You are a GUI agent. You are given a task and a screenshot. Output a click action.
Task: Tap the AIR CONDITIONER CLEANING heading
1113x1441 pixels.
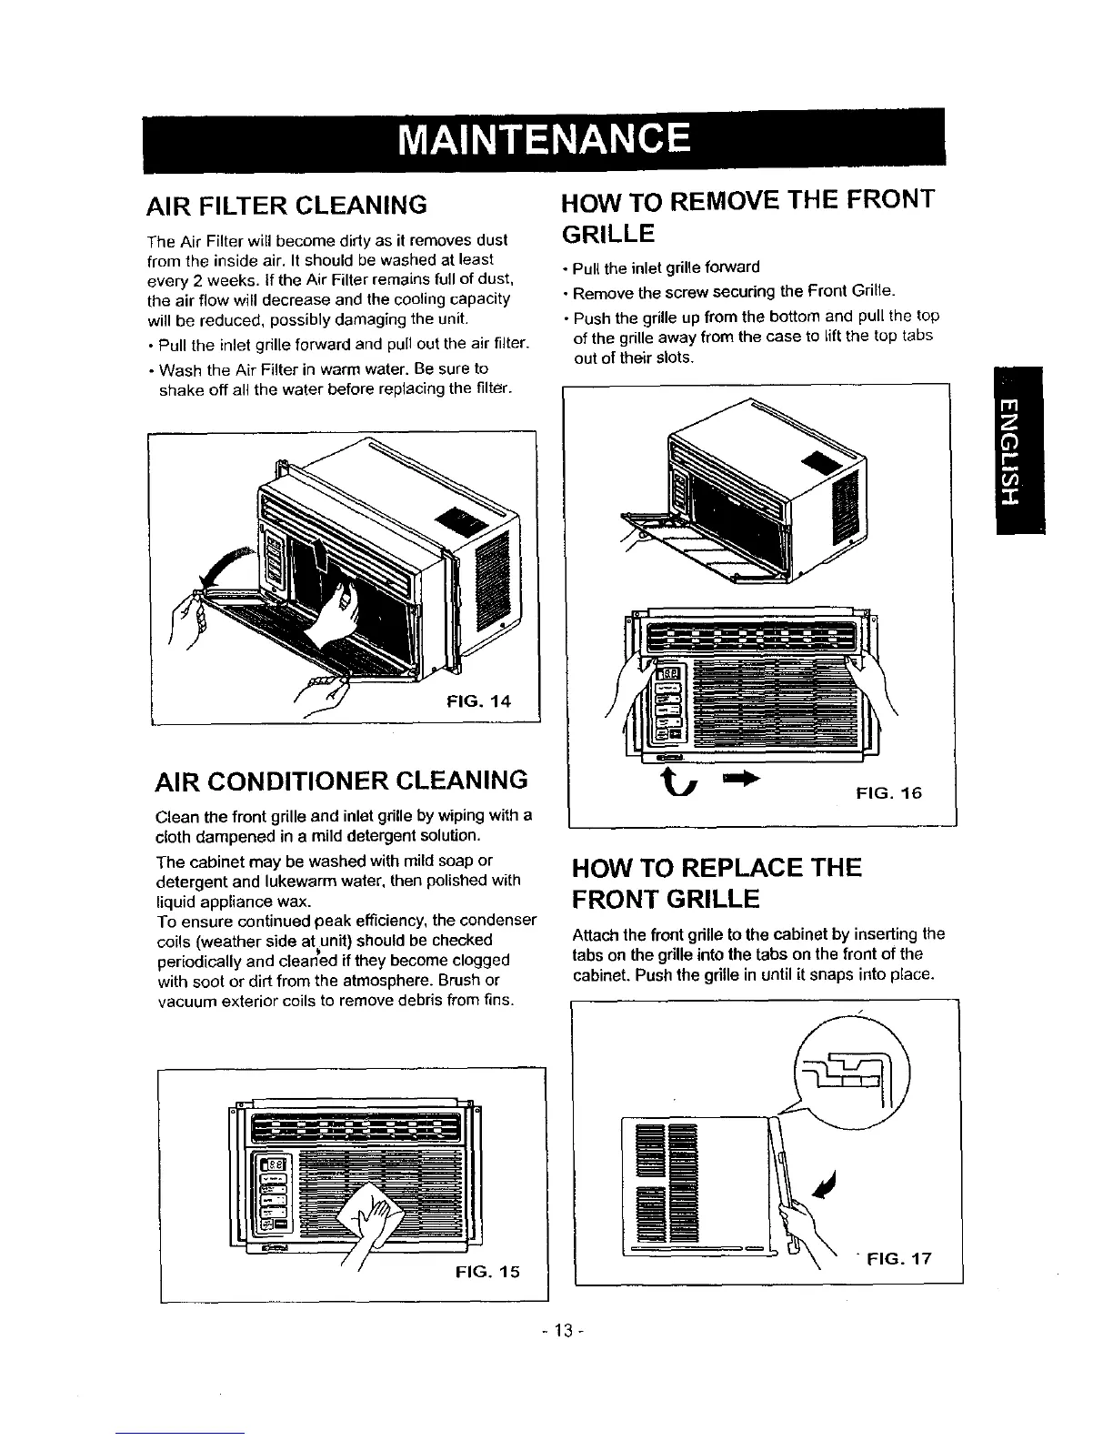343,780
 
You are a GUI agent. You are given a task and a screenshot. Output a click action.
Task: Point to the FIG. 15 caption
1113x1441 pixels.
487,1272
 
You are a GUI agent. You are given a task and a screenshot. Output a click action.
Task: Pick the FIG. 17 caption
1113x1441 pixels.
899,1260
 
